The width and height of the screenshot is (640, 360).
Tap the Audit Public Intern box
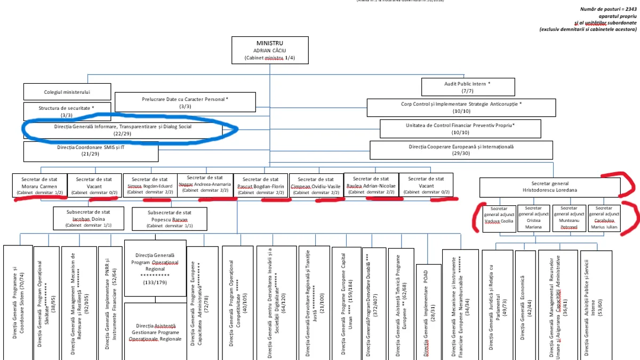468,87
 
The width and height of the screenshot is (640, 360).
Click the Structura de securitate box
67,111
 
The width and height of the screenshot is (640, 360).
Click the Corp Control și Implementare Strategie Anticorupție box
461,107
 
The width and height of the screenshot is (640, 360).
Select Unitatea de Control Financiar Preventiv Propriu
460,129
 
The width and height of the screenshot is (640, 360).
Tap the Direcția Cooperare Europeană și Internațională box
461,149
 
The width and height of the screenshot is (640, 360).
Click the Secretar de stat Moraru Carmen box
41,185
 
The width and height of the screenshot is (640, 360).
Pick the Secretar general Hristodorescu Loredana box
549,187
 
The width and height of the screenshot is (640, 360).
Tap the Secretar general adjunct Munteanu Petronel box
569,218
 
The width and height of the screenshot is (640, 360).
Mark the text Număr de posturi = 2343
608,9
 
